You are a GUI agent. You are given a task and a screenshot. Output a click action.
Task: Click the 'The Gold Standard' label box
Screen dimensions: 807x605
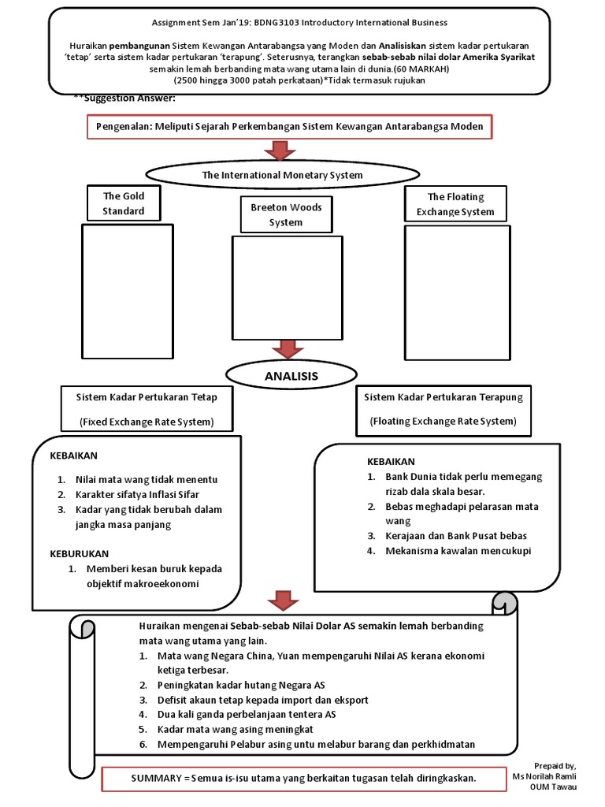coord(123,203)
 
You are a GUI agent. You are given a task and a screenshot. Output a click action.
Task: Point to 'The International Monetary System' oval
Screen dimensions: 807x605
coord(282,175)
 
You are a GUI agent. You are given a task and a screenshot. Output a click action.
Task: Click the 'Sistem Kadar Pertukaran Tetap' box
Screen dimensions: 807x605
coord(147,409)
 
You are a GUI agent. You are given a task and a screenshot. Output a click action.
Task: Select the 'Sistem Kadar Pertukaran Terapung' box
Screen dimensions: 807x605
coord(443,409)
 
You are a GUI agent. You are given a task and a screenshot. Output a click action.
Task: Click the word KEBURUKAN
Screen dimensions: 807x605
coord(80,553)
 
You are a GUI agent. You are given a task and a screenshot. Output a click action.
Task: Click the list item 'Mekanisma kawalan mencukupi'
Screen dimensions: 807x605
coord(458,551)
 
